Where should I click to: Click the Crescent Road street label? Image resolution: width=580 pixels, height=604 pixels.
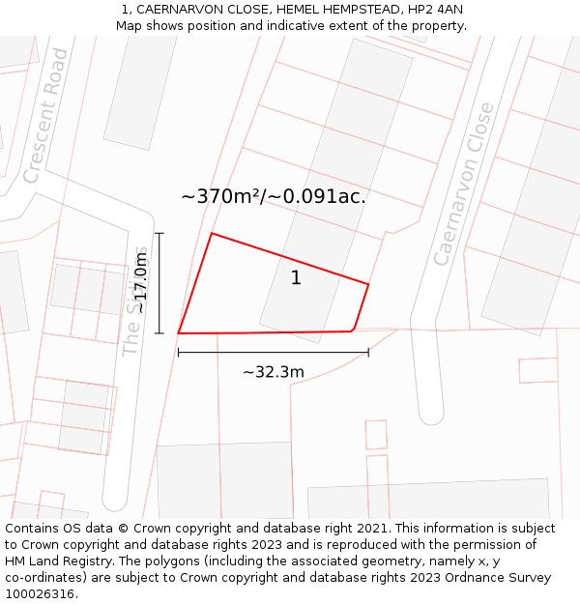click(46, 115)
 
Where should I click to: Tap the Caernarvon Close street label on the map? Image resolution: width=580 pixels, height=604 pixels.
click(463, 184)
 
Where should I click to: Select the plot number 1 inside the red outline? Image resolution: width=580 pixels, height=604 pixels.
click(296, 278)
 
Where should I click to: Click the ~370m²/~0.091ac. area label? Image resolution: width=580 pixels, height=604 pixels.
click(274, 196)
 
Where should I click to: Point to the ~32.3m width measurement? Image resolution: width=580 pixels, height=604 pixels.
click(273, 372)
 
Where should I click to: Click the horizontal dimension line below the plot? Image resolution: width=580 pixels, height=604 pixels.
click(273, 353)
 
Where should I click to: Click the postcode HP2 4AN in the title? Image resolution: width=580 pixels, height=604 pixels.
click(434, 10)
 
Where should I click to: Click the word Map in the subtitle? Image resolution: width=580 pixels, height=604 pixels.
click(130, 25)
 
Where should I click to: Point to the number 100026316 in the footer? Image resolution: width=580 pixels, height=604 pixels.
click(38, 594)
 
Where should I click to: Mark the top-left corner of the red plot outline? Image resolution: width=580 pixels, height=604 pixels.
click(212, 234)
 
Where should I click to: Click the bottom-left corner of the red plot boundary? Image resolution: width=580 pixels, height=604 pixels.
click(179, 333)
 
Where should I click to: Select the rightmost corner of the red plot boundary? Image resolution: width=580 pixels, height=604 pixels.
click(368, 284)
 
